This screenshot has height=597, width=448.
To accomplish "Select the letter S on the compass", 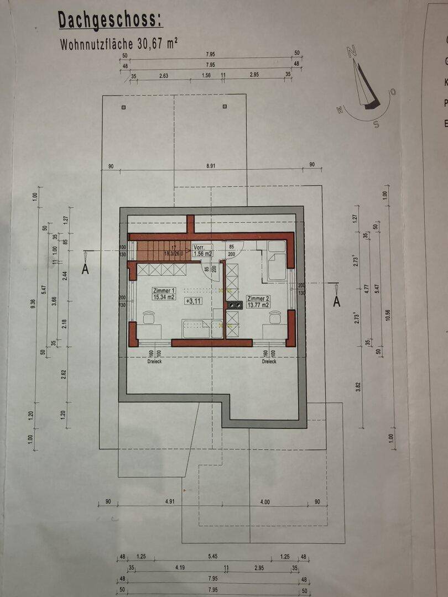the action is coord(376,124).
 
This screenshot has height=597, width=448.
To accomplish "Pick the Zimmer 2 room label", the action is coord(258,298).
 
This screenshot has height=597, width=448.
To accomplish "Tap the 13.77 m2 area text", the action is coord(258,305).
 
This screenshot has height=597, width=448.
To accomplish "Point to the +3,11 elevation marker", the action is coord(193,301).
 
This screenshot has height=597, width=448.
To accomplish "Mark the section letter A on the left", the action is coord(85,269).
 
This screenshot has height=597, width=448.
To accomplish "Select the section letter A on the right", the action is coord(336,301).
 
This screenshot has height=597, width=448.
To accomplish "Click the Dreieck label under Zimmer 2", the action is coord(269,362).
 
